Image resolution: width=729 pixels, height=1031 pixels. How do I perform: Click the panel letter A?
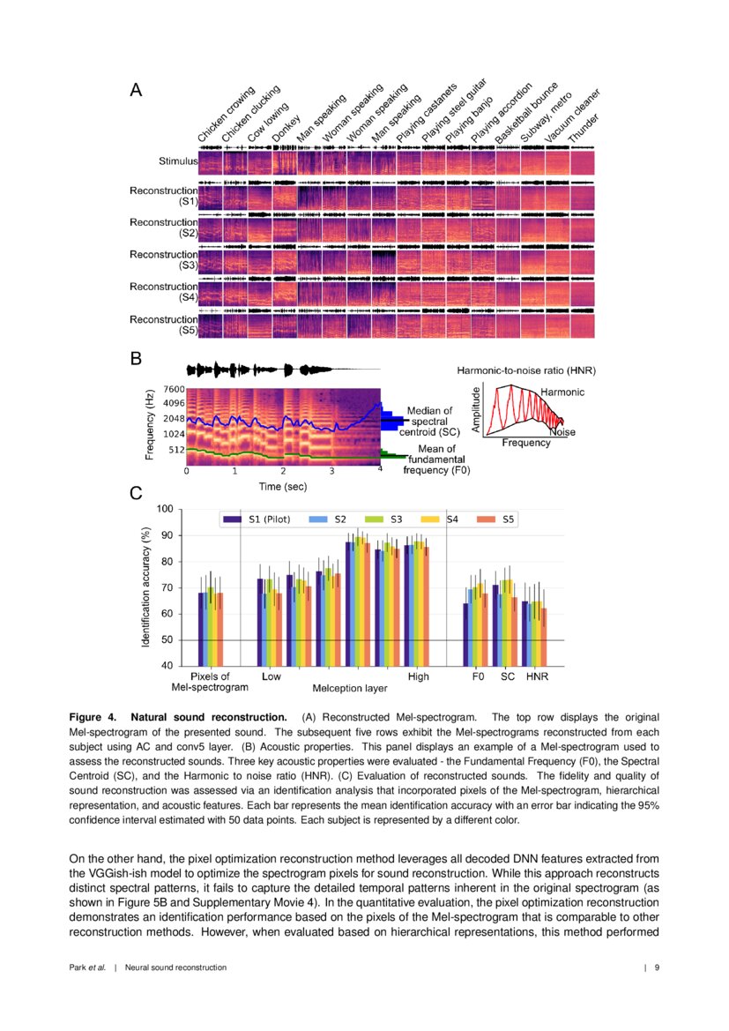136,89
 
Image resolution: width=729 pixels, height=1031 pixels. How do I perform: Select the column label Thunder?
584,129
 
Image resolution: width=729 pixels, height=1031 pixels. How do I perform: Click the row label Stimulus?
172,162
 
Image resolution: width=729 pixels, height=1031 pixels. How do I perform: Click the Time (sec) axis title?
283,486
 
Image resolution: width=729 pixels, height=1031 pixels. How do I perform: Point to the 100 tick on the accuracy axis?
164,509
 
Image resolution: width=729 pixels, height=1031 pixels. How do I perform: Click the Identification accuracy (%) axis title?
146,586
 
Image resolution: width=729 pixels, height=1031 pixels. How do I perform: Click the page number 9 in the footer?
657,967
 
